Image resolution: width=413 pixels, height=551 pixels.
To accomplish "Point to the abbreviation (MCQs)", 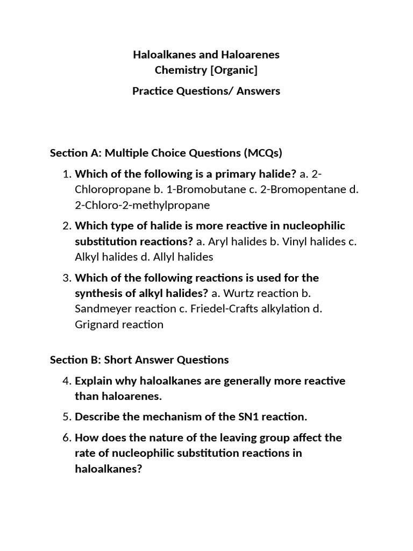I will tap(263, 153).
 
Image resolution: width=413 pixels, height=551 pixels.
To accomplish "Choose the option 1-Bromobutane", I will tap(207, 189).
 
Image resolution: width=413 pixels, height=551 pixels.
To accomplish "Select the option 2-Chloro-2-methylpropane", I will tap(142, 205).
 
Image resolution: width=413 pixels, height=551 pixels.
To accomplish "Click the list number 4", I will tap(67, 381).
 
